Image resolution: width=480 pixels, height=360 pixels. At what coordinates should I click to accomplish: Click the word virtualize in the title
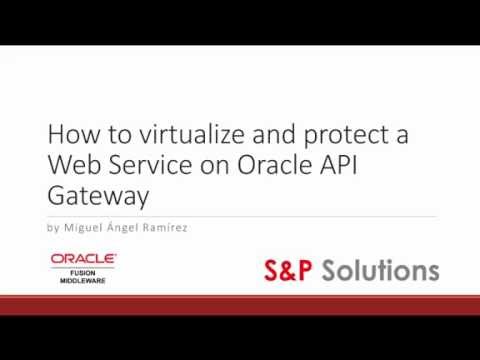[x=165, y=135]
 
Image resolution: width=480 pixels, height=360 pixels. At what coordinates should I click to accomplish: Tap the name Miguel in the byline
[x=84, y=227]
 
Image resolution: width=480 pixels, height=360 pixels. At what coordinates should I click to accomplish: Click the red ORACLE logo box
[x=84, y=259]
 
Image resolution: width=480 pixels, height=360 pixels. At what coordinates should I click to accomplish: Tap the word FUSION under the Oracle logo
[x=84, y=271]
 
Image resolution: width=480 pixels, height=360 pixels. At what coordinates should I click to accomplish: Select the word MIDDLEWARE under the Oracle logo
[x=84, y=280]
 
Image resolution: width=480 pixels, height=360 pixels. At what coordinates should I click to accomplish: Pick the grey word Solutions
[x=385, y=270]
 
